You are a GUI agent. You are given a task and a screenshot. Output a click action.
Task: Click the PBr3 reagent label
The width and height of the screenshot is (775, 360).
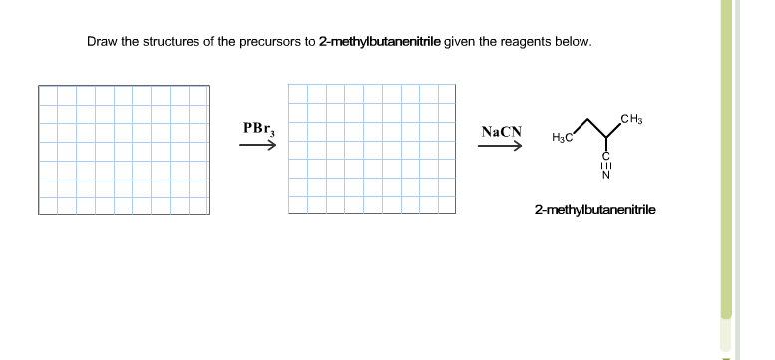(257, 129)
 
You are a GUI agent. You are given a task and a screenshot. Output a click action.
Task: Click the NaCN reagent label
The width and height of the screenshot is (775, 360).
(500, 132)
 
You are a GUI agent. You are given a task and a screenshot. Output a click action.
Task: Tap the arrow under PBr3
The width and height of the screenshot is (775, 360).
(257, 146)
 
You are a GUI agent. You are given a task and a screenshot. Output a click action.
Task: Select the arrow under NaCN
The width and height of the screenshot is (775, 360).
(500, 147)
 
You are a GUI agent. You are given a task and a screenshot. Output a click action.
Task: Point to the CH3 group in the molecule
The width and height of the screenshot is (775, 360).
(631, 122)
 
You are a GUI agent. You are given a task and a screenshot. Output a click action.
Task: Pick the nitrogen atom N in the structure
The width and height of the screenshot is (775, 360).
(605, 178)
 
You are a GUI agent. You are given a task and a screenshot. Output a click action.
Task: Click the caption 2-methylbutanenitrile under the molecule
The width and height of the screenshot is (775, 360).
(594, 211)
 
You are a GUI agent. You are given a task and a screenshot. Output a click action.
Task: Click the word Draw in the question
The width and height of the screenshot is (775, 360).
(102, 42)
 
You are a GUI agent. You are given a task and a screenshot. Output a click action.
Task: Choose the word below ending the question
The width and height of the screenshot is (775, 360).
(575, 42)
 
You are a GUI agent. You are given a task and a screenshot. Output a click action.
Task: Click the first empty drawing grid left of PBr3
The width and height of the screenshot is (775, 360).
(124, 150)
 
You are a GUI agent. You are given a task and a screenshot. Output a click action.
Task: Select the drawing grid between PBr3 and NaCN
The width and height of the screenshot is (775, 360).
(374, 150)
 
